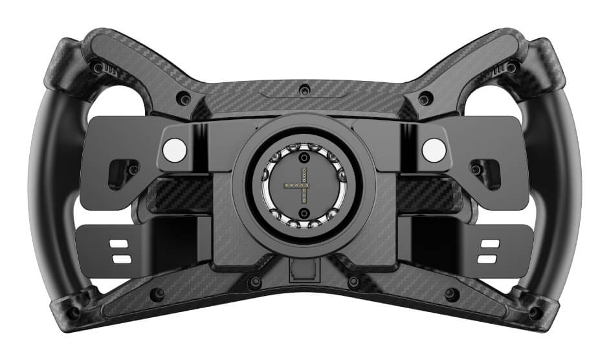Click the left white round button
174,150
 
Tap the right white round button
434,150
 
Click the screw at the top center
305,89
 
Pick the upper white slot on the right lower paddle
491,245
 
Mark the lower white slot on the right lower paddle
491,258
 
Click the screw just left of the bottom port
255,282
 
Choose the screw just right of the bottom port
353,282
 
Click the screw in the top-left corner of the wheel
98,67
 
